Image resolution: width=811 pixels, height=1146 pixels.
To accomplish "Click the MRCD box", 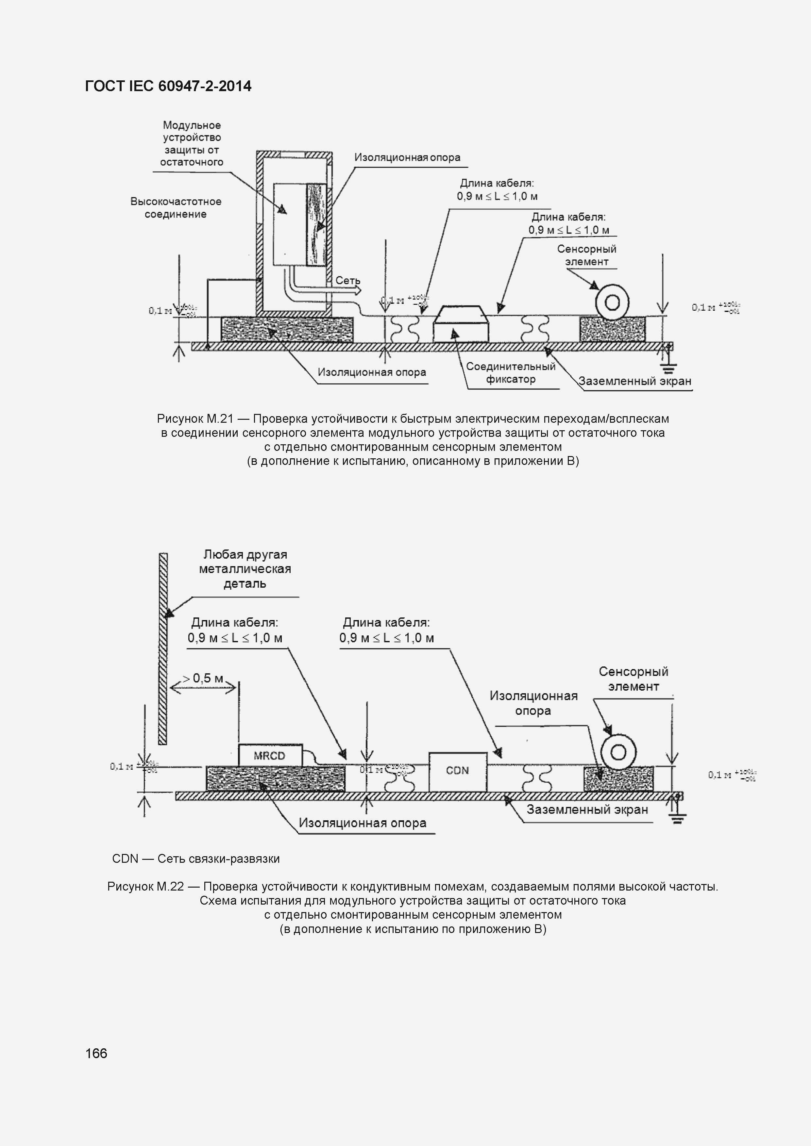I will [x=270, y=755].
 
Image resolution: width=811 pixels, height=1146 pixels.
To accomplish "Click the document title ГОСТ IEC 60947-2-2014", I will [x=168, y=86].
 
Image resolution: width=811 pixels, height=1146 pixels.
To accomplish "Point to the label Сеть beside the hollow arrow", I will [x=347, y=281].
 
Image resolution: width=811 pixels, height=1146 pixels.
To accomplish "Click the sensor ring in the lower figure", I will [x=618, y=752].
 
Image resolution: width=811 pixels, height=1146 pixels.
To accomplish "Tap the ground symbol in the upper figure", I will [x=668, y=369].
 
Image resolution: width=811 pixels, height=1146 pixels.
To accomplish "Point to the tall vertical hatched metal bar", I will [x=163, y=649].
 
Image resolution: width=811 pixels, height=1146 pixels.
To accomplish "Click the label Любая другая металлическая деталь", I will [x=245, y=569].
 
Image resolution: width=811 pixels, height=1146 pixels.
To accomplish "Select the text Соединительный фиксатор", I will [x=510, y=373].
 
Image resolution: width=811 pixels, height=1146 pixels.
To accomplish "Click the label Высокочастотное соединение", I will [x=176, y=208].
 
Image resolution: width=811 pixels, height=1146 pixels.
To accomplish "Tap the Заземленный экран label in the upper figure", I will [x=635, y=381].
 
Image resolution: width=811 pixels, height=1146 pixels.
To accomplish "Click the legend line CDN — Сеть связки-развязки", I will [x=196, y=859].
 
